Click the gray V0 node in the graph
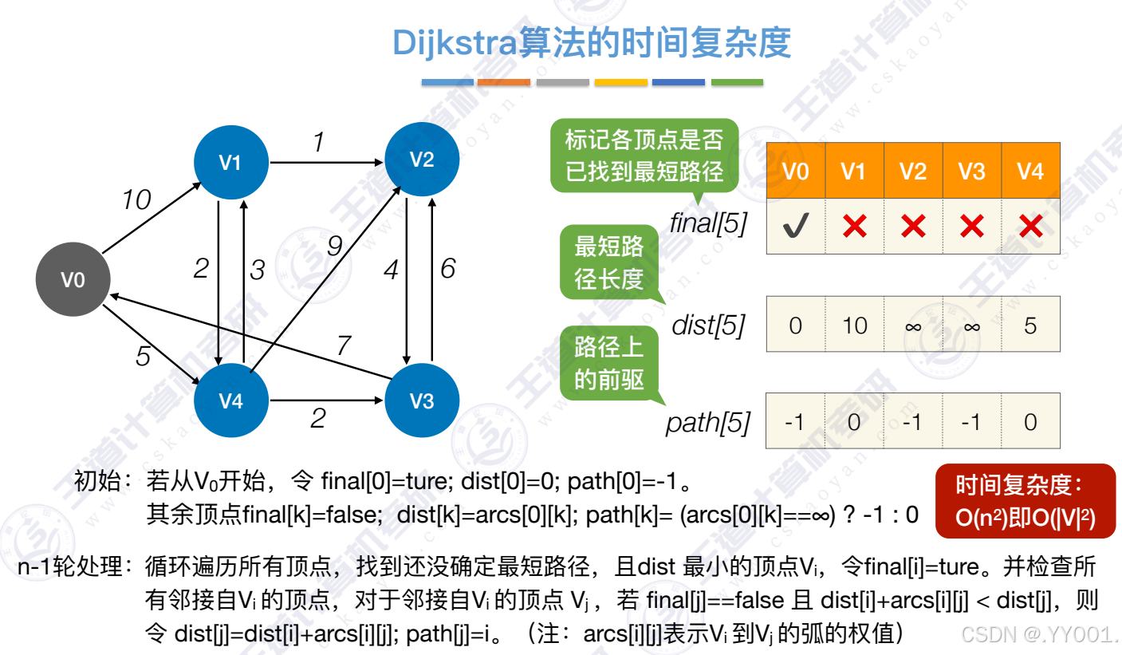pyautogui.click(x=73, y=280)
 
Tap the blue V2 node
pyautogui.click(x=422, y=160)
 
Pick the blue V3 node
pyautogui.click(x=422, y=400)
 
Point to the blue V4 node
pyautogui.click(x=230, y=400)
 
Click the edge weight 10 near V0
pyautogui.click(x=136, y=200)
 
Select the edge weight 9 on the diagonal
pyautogui.click(x=335, y=247)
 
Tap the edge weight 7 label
pyautogui.click(x=343, y=346)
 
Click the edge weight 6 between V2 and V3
pyautogui.click(x=448, y=269)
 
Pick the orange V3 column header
pyautogui.click(x=972, y=171)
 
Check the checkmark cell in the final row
pyautogui.click(x=795, y=227)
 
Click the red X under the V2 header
pyautogui.click(x=913, y=227)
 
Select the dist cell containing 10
pyautogui.click(x=854, y=325)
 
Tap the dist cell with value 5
pyautogui.click(x=1030, y=325)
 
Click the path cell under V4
pyautogui.click(x=1030, y=421)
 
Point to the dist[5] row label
pyautogui.click(x=709, y=326)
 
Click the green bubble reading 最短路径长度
pyautogui.click(x=609, y=262)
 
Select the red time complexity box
pyautogui.click(x=1025, y=502)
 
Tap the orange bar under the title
pyautogui.click(x=504, y=82)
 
